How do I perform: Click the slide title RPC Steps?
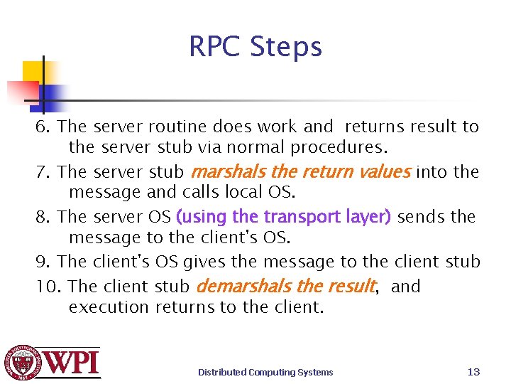coord(255,47)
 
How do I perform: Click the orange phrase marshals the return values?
coord(300,172)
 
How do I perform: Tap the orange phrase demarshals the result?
coord(285,287)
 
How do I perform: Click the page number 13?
coord(474,372)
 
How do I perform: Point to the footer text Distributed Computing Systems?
coord(265,372)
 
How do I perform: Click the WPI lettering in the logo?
coord(73,363)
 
